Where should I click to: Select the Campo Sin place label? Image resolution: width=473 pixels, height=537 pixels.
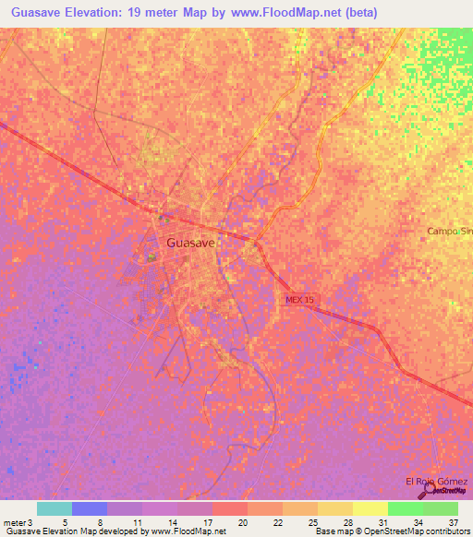click(x=449, y=232)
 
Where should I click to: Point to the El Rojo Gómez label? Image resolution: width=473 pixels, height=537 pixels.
click(x=436, y=482)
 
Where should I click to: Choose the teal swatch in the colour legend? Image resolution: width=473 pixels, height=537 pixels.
click(x=54, y=508)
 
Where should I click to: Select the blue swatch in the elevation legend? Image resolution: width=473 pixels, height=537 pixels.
click(x=90, y=508)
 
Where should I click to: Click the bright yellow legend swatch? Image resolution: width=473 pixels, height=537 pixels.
click(x=370, y=508)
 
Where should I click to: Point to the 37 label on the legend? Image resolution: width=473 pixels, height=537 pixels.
click(x=452, y=523)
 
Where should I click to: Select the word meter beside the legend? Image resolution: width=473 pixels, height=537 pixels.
click(x=14, y=523)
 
